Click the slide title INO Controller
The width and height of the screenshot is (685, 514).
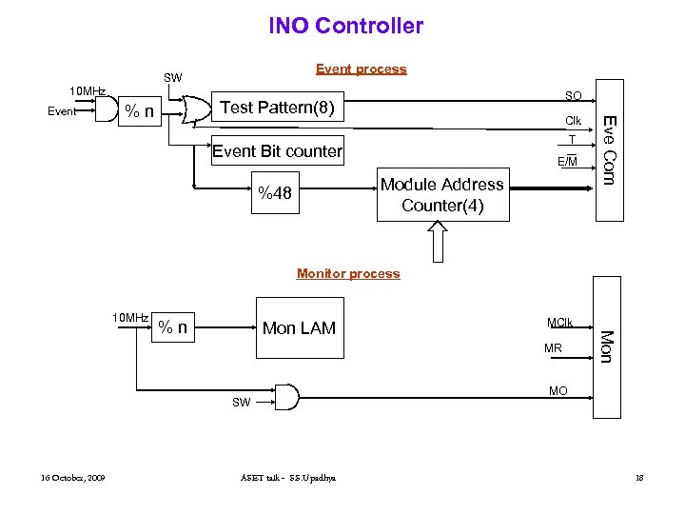[x=345, y=26]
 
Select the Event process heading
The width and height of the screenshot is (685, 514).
[x=361, y=69]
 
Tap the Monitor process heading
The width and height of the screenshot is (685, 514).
[x=348, y=273]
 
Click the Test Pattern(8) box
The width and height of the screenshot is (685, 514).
[x=277, y=108]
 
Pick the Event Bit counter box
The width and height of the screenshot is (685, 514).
[x=277, y=150]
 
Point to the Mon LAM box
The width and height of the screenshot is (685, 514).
[x=299, y=328]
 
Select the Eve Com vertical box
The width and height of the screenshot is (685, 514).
[x=610, y=149]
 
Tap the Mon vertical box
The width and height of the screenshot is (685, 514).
[x=606, y=345]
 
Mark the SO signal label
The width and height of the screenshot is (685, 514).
[x=573, y=96]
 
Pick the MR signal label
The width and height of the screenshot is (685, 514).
[x=553, y=349]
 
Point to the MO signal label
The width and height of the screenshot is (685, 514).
[x=558, y=391]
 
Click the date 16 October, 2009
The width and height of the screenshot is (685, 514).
[x=73, y=477]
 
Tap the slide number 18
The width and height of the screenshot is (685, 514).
[x=639, y=477]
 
